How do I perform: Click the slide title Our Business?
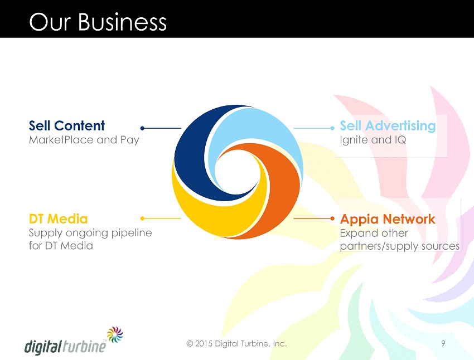tap(98, 22)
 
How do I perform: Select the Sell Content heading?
tap(67, 125)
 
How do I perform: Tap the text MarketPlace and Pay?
tap(84, 140)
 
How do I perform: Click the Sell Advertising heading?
tap(388, 126)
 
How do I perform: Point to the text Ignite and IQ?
tap(373, 140)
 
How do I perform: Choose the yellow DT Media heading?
tap(59, 218)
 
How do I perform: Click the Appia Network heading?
tap(388, 219)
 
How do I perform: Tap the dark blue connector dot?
tap(142, 128)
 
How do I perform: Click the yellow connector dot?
tap(142, 218)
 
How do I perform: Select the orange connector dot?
tap(332, 218)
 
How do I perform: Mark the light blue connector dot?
tap(332, 128)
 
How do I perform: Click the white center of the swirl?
tap(238, 172)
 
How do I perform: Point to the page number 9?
tap(443, 343)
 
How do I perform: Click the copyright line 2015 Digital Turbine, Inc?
tap(236, 344)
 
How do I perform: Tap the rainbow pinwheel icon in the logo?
tap(115, 334)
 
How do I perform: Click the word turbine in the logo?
tap(84, 347)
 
